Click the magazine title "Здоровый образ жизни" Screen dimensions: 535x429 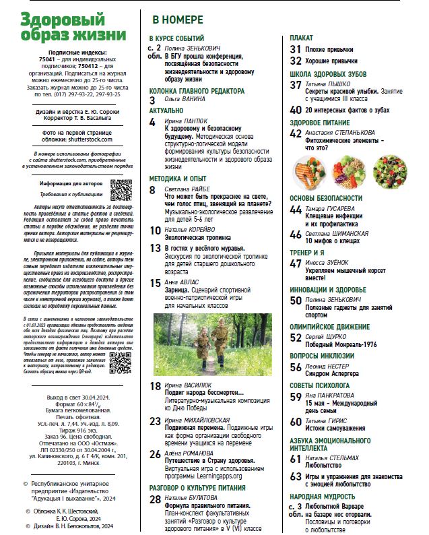click(x=73, y=26)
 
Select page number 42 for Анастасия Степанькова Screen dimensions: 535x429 click(x=296, y=133)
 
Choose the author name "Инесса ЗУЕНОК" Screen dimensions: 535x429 click(x=329, y=264)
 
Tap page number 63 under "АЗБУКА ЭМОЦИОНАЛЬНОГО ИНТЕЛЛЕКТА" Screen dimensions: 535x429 click(x=296, y=476)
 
